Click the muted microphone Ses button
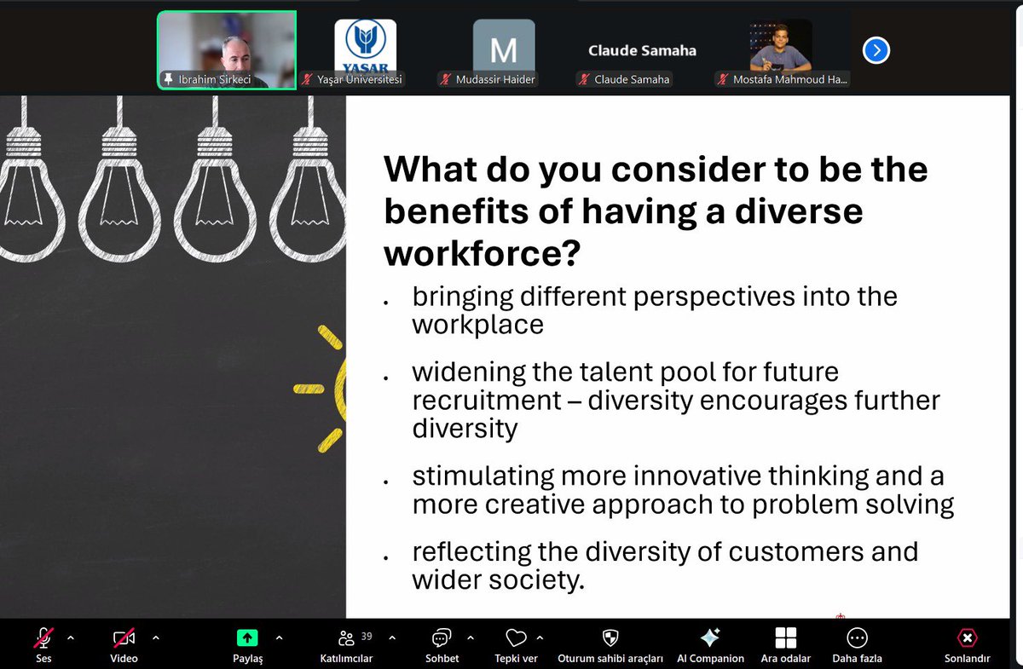[43, 637]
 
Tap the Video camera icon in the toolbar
[124, 637]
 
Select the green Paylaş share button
[247, 637]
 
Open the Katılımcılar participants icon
[346, 637]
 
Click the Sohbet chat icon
[442, 637]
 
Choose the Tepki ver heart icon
[516, 637]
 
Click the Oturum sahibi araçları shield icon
[610, 637]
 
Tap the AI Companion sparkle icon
[710, 637]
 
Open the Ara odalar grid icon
[785, 637]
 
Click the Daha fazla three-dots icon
[857, 637]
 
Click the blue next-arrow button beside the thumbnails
[876, 51]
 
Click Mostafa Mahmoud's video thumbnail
[781, 47]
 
